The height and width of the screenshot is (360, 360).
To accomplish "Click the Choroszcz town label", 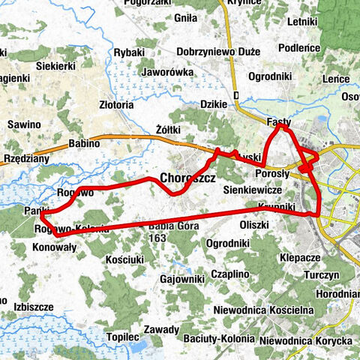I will click(x=188, y=179).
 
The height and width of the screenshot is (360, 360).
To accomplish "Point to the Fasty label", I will click(x=279, y=121).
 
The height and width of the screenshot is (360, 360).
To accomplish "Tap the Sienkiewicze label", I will click(x=271, y=191).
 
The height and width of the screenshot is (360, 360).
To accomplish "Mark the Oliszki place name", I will click(x=253, y=224).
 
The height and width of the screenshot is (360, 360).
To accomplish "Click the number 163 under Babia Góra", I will click(x=157, y=238).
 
